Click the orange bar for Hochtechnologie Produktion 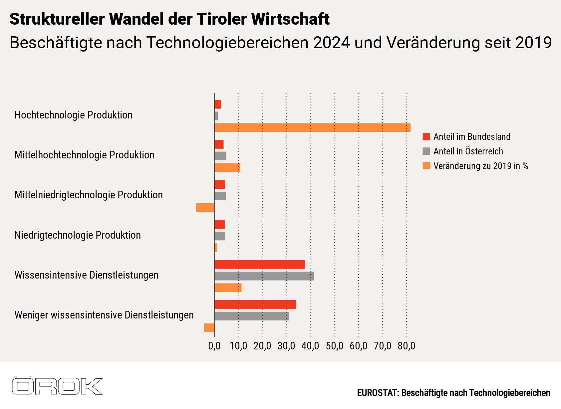coord(312,128)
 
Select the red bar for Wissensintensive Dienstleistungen coord(259,265)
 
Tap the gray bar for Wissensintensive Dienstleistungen coord(264,276)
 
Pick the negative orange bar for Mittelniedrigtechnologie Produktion coord(205,208)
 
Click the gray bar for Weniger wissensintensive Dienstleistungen coord(251,316)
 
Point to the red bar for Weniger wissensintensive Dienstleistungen coord(255,305)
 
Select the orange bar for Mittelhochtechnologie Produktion coord(227,168)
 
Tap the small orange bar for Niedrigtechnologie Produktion coord(216,248)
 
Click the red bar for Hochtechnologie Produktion coord(217,104)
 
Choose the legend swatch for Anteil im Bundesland coord(426,136)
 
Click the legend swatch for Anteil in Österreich coord(426,151)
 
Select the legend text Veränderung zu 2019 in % coord(480,166)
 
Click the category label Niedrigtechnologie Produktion coord(78,235)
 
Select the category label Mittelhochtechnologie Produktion coord(84,155)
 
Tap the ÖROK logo coord(57,386)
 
